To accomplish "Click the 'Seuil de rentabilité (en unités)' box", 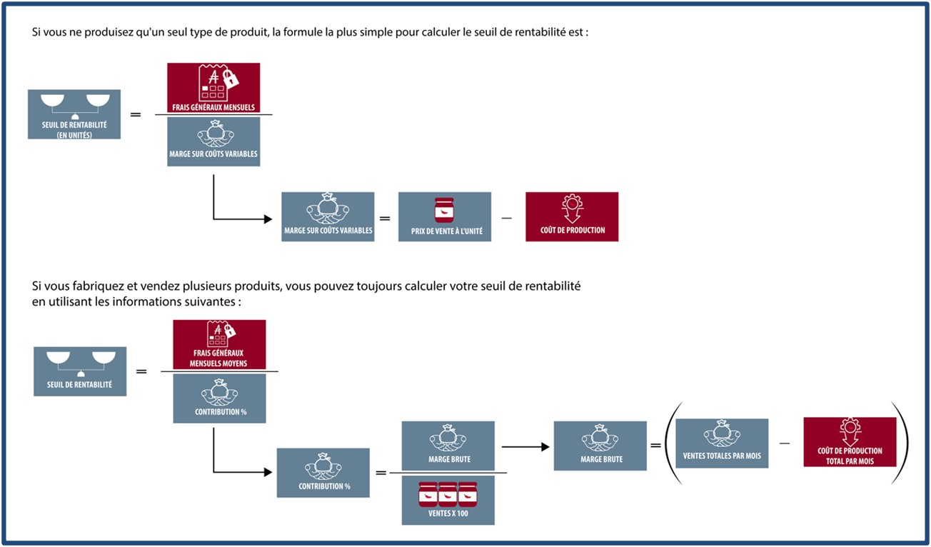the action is [x=74, y=114].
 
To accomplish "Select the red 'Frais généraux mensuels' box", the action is [x=213, y=88].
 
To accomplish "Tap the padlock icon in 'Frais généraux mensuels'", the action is [x=230, y=78].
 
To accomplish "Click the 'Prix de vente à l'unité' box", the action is [x=445, y=216].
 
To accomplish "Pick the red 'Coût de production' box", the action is [x=572, y=216].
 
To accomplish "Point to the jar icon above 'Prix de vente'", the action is [x=444, y=211].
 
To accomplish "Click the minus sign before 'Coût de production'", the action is [x=507, y=219].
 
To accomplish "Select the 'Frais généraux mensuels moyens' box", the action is [x=219, y=344].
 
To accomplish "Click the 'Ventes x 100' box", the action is [x=448, y=501].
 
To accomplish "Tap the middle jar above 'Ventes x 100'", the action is [x=448, y=494].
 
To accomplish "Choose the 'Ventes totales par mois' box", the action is [x=722, y=443].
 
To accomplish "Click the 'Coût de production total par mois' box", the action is [x=850, y=442].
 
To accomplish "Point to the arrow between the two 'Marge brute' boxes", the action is [x=525, y=447].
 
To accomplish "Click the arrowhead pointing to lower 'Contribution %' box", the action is [x=268, y=472].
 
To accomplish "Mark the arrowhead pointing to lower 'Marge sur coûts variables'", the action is [x=268, y=219].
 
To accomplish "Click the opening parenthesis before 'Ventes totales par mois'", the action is [x=673, y=443].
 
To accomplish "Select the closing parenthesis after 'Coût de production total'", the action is [x=901, y=443].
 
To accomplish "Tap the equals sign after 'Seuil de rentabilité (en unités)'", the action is [x=136, y=114].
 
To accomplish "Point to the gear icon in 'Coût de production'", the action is [x=573, y=203].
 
